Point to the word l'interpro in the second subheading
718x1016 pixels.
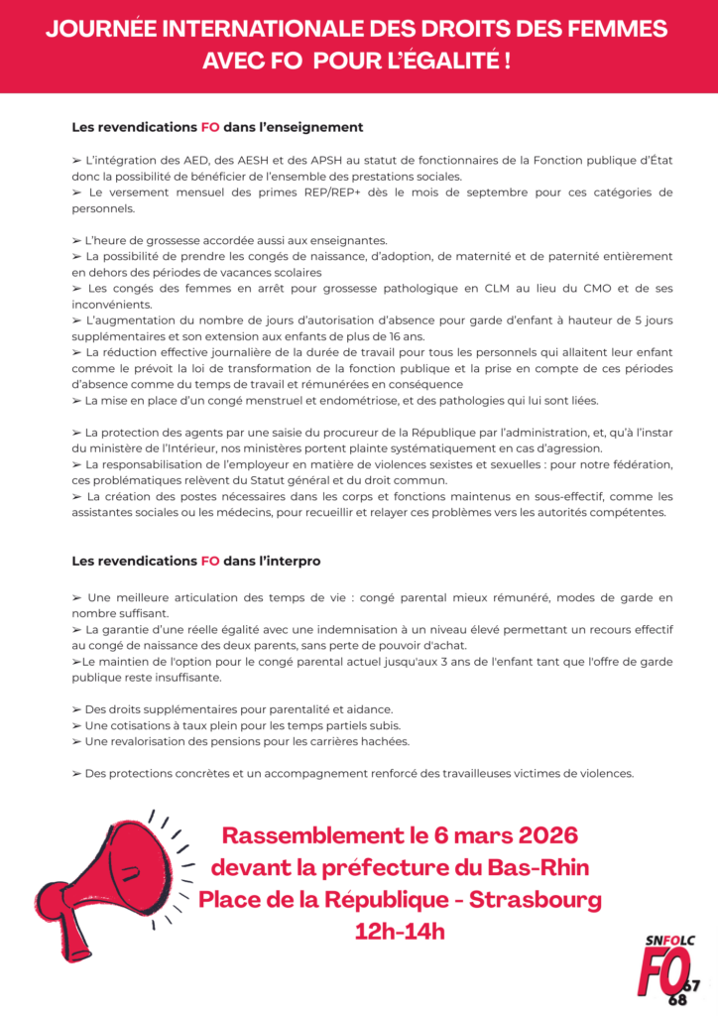(288, 561)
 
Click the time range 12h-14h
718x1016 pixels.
(400, 933)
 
